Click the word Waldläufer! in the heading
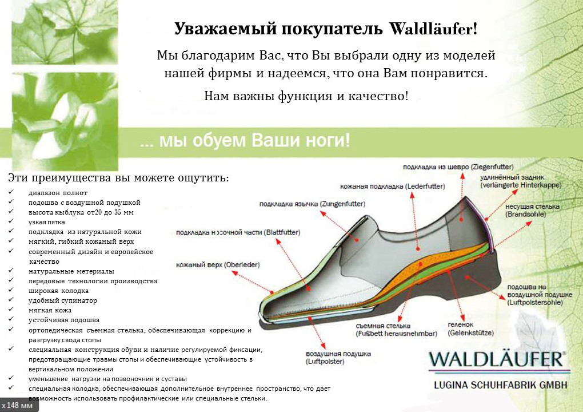tap(433, 29)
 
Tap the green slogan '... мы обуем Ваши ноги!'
tap(245, 141)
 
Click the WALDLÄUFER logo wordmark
tap(497, 359)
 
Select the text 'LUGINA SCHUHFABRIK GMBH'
tap(501, 385)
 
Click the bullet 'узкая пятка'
tap(47, 222)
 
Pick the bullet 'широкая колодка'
tap(58, 291)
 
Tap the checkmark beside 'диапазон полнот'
tap(11, 192)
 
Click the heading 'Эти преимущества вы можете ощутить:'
tap(118, 177)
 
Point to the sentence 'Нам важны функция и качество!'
tap(306, 96)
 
